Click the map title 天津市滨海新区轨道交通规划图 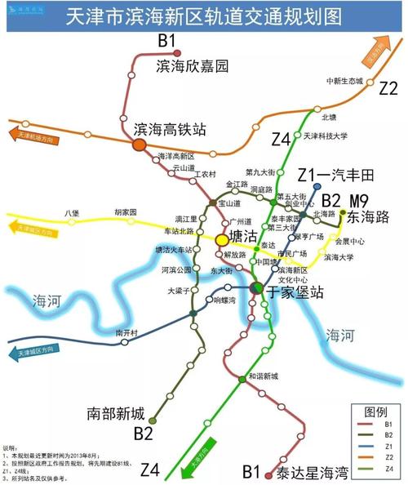click(203, 17)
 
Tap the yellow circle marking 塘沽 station click(222, 239)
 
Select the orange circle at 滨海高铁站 click(140, 144)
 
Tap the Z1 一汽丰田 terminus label click(323, 174)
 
